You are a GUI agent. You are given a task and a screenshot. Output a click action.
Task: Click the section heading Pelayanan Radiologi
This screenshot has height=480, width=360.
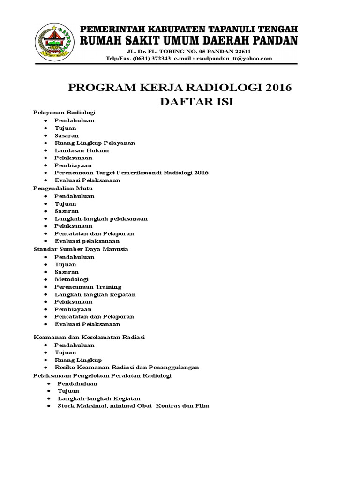(65, 113)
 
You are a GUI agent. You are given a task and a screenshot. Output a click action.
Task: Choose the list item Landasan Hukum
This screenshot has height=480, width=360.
(82, 150)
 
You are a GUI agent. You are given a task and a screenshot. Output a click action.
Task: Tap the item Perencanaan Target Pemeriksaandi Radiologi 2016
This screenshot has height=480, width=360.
(131, 172)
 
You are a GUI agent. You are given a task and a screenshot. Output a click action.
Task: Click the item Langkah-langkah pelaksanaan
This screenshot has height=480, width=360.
(101, 218)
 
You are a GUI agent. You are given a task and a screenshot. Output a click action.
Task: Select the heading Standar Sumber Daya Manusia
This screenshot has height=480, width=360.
(81, 249)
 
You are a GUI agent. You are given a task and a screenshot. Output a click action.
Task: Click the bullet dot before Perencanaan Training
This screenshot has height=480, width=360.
(45, 287)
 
